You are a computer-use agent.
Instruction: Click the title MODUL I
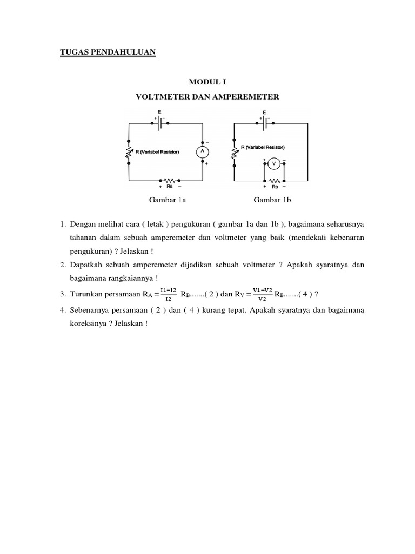click(207, 82)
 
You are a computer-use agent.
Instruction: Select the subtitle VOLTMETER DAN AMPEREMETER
click(207, 97)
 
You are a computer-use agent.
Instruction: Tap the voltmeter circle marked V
click(273, 163)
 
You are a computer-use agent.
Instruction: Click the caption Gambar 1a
click(168, 200)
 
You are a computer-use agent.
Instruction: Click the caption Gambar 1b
click(272, 200)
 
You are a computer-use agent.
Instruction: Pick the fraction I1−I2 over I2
click(168, 294)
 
